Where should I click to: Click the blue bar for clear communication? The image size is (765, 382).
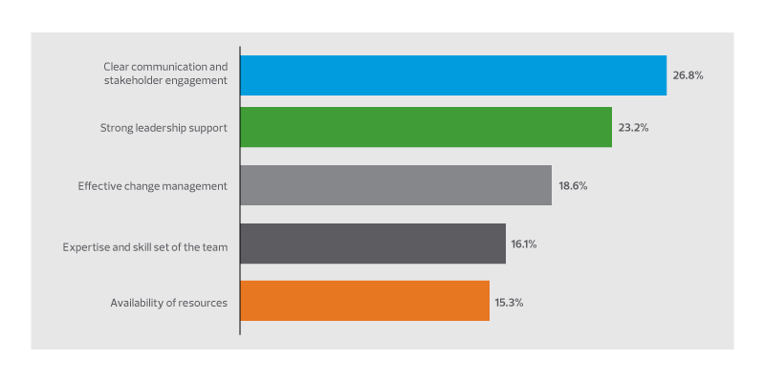click(x=452, y=75)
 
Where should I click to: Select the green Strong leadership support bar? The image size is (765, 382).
click(x=426, y=127)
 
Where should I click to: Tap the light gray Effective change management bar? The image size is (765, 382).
click(x=395, y=185)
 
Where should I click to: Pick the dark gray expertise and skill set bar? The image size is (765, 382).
click(x=372, y=244)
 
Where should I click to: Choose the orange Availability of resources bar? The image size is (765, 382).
click(x=364, y=301)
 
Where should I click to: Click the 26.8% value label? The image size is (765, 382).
click(x=688, y=75)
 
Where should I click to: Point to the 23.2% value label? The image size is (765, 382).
click(x=633, y=127)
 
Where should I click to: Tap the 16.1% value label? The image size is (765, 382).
click(x=523, y=244)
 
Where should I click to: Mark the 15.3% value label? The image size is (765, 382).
click(x=509, y=302)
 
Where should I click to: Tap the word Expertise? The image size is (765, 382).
click(x=85, y=244)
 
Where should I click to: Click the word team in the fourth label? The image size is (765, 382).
click(x=215, y=244)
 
